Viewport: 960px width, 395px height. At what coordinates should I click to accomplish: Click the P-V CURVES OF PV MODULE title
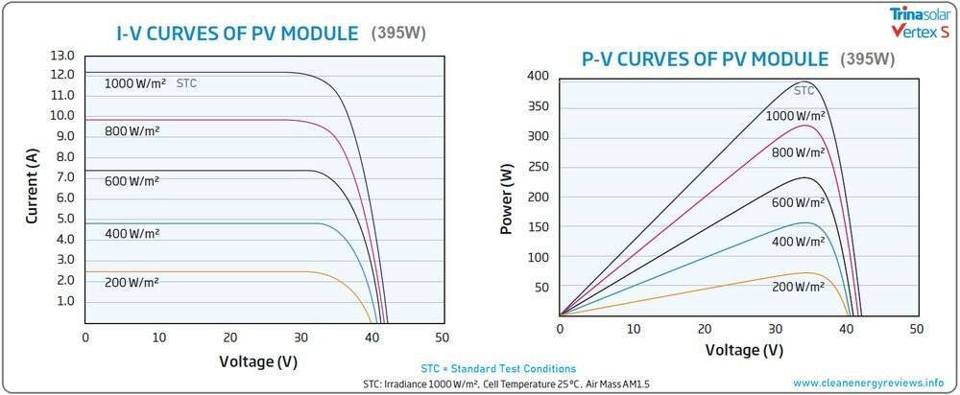tap(705, 58)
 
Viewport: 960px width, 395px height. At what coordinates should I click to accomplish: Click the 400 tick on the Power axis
tap(538, 76)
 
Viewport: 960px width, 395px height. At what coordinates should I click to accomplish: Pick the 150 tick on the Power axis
tap(538, 227)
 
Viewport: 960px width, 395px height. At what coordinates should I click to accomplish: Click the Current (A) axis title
tap(32, 188)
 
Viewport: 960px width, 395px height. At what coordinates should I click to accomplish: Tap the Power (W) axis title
tap(506, 197)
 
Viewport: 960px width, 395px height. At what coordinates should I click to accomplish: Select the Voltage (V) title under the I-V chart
tap(258, 361)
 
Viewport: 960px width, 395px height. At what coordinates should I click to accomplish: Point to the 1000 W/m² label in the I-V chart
tap(135, 84)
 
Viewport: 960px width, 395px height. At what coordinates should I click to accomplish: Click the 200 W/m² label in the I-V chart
tap(132, 282)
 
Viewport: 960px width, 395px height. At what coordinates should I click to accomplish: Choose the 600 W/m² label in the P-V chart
tap(797, 203)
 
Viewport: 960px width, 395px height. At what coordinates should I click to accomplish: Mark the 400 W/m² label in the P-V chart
tap(797, 243)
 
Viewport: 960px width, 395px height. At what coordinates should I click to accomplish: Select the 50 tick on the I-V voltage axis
tap(442, 337)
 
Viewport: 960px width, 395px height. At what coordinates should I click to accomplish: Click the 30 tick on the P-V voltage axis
tap(777, 328)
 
